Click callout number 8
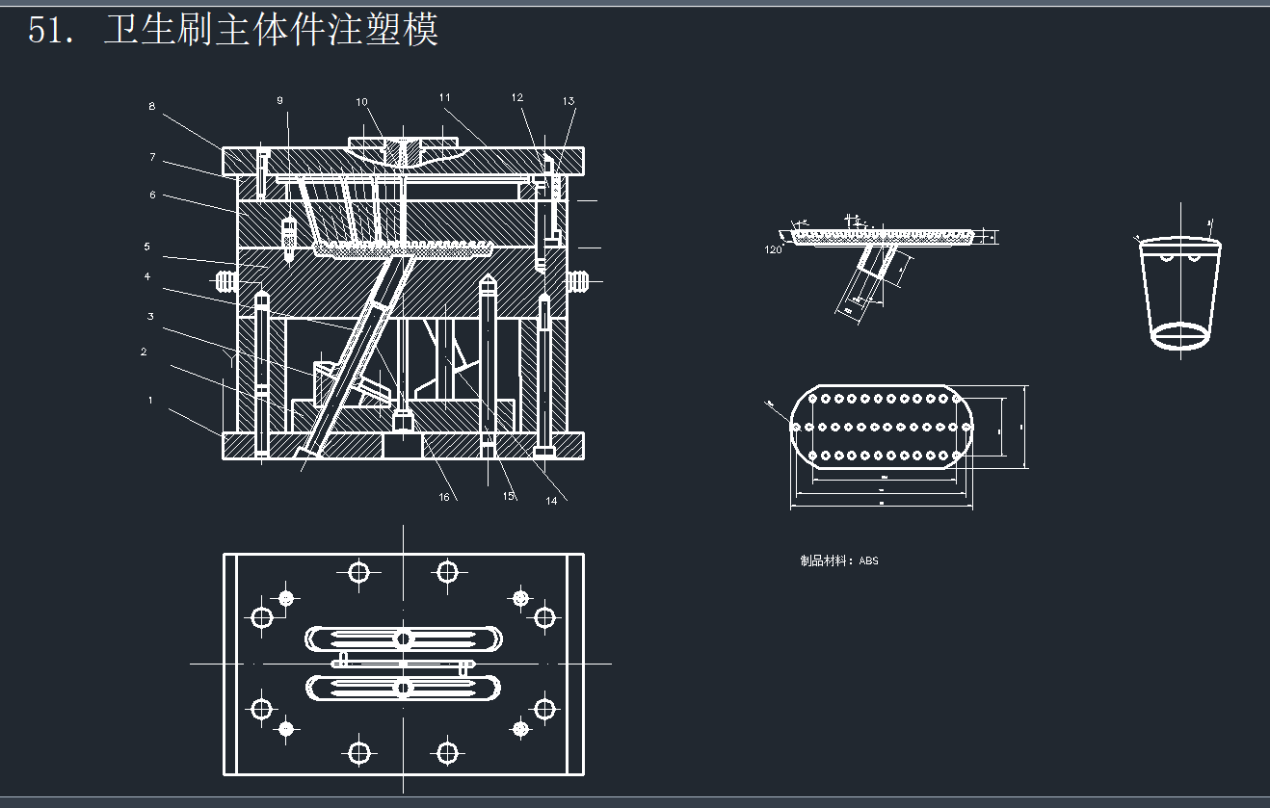pyautogui.click(x=151, y=107)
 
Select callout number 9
pyautogui.click(x=279, y=100)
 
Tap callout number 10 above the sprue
pyautogui.click(x=361, y=102)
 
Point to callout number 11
pyautogui.click(x=444, y=97)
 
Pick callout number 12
pyautogui.click(x=517, y=97)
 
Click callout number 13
pyautogui.click(x=569, y=101)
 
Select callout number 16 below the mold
pyautogui.click(x=444, y=497)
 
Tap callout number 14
pyautogui.click(x=551, y=500)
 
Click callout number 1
pyautogui.click(x=150, y=400)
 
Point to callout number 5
pyautogui.click(x=147, y=247)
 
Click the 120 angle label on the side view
pyautogui.click(x=773, y=249)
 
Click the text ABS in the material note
pyautogui.click(x=868, y=560)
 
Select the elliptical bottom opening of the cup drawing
pyautogui.click(x=1180, y=334)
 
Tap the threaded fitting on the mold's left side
pyautogui.click(x=225, y=281)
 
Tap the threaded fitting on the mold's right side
pyautogui.click(x=578, y=281)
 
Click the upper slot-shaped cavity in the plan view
pyautogui.click(x=404, y=639)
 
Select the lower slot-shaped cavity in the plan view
pyautogui.click(x=404, y=688)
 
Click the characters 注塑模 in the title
pyautogui.click(x=396, y=31)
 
